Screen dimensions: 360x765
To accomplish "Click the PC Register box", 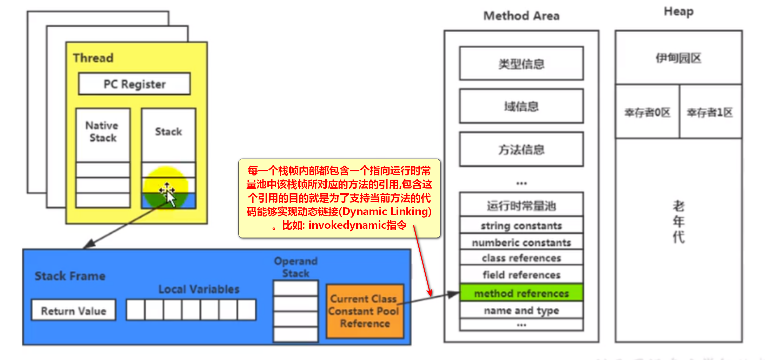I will [134, 84].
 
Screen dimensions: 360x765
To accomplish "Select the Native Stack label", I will [102, 132].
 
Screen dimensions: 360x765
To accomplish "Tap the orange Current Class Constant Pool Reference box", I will [365, 311].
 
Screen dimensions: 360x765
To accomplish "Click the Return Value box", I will [73, 310].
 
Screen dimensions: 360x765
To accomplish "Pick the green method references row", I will [521, 293].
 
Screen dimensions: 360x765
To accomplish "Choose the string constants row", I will [521, 225].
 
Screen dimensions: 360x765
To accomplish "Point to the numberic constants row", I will [521, 242].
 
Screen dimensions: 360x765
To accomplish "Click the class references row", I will [521, 258].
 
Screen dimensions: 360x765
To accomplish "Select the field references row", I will [521, 274].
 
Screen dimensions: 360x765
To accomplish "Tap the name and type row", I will [521, 310].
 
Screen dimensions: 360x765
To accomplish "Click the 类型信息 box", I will [521, 64].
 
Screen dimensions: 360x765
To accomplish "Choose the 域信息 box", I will [521, 106].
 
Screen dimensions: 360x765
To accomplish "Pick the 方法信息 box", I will [521, 149].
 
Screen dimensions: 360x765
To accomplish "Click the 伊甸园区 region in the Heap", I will [678, 58].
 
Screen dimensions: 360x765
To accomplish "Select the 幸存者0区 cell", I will [647, 112].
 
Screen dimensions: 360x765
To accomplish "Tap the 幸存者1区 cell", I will [710, 112].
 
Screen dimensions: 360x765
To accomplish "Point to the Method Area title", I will [521, 16].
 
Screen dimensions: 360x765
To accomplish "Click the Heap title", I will [679, 11].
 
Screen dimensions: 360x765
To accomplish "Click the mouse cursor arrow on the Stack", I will [170, 198].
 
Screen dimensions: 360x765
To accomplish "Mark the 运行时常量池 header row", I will [521, 205].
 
